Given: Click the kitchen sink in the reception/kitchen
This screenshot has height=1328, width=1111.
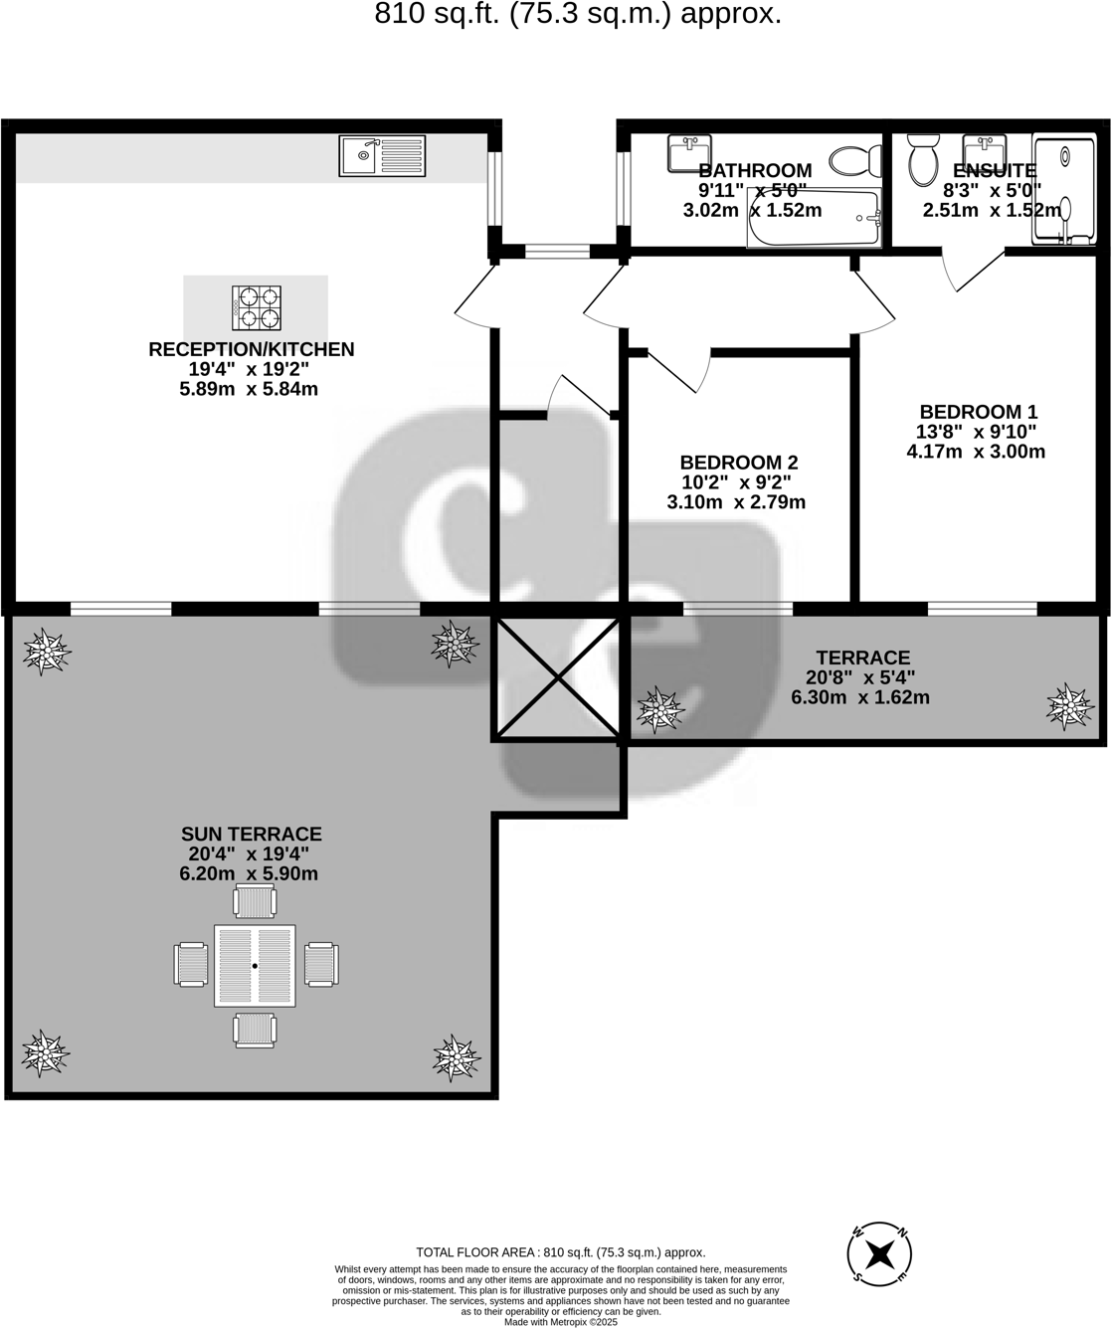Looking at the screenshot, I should pyautogui.click(x=382, y=156).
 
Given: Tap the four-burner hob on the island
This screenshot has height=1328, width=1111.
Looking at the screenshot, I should pyautogui.click(x=257, y=307).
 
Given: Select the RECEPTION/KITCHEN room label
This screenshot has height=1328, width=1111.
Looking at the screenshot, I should pyautogui.click(x=251, y=349).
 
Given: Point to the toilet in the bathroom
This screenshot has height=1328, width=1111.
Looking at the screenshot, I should pyautogui.click(x=855, y=160).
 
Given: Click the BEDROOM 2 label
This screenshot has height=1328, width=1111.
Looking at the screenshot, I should pyautogui.click(x=738, y=463).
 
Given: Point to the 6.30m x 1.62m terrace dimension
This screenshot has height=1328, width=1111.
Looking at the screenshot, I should pyautogui.click(x=859, y=697).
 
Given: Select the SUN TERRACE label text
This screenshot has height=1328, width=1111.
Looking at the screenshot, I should pyautogui.click(x=251, y=835).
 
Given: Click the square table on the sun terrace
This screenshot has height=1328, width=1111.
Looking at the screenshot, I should pyautogui.click(x=255, y=966).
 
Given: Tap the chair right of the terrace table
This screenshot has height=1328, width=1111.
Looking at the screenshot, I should pyautogui.click(x=321, y=965).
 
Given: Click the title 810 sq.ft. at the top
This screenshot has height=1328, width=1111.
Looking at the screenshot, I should pyautogui.click(x=577, y=14).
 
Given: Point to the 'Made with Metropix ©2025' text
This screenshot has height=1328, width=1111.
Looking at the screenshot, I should pyautogui.click(x=560, y=1322).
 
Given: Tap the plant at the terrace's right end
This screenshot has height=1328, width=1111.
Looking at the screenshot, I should pyautogui.click(x=1069, y=706).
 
